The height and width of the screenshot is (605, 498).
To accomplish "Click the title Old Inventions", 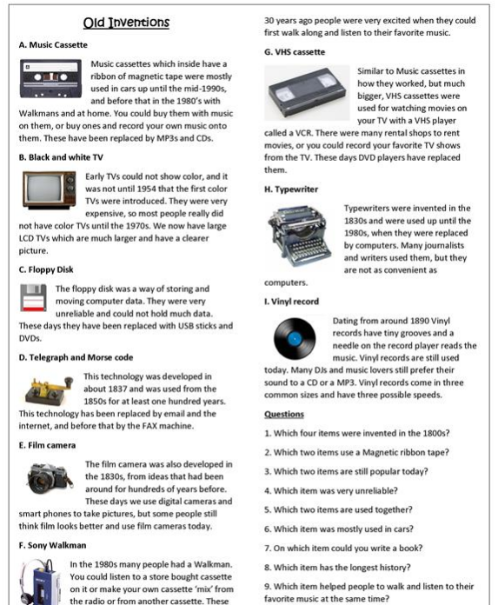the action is point(125,22).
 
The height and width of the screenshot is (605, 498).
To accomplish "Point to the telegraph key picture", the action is point(46,388).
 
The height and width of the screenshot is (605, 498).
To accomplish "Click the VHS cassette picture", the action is point(306,91).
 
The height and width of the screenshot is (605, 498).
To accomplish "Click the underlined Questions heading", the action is point(283,415).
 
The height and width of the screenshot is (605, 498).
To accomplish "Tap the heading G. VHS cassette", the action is point(296,52).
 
